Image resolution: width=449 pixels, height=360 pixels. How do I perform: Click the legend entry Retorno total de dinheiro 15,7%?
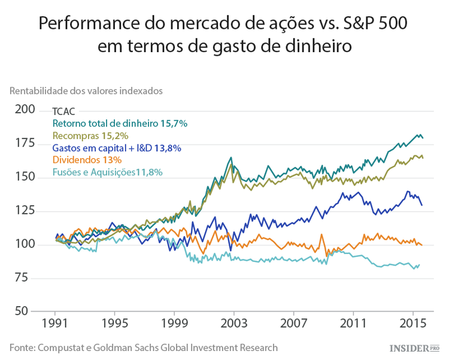pyautogui.click(x=120, y=123)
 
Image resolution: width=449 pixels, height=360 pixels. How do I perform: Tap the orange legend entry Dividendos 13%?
pyautogui.click(x=87, y=160)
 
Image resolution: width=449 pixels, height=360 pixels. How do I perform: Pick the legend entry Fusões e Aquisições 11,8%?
pyautogui.click(x=107, y=173)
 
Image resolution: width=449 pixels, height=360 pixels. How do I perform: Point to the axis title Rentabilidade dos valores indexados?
pyautogui.click(x=86, y=91)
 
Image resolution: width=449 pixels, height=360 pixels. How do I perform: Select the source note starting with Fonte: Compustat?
pyautogui.click(x=143, y=347)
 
